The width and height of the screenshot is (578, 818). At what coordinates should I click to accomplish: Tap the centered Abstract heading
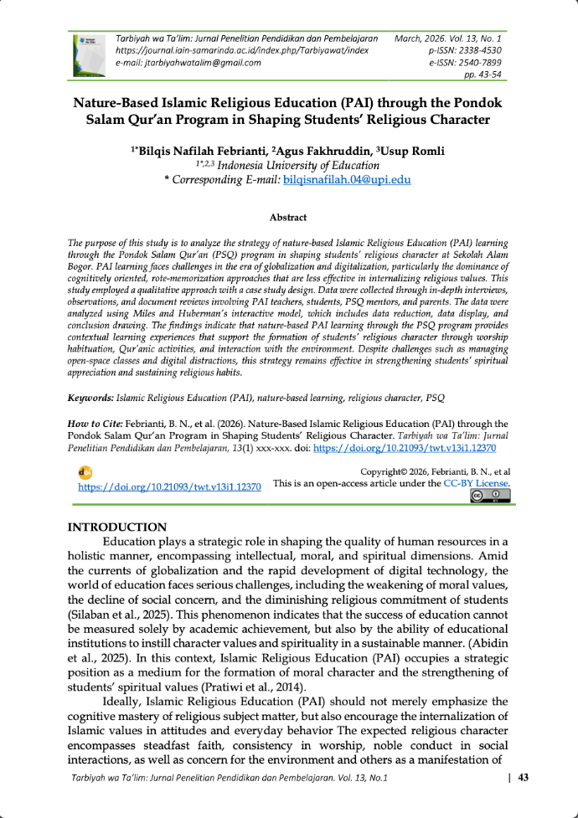click(287, 218)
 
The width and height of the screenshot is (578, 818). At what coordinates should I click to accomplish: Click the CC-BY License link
click(476, 483)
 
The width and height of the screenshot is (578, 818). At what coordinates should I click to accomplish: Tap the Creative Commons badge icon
click(490, 496)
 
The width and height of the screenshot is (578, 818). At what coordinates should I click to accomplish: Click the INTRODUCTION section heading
click(117, 527)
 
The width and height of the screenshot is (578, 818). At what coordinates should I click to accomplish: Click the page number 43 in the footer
click(524, 778)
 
